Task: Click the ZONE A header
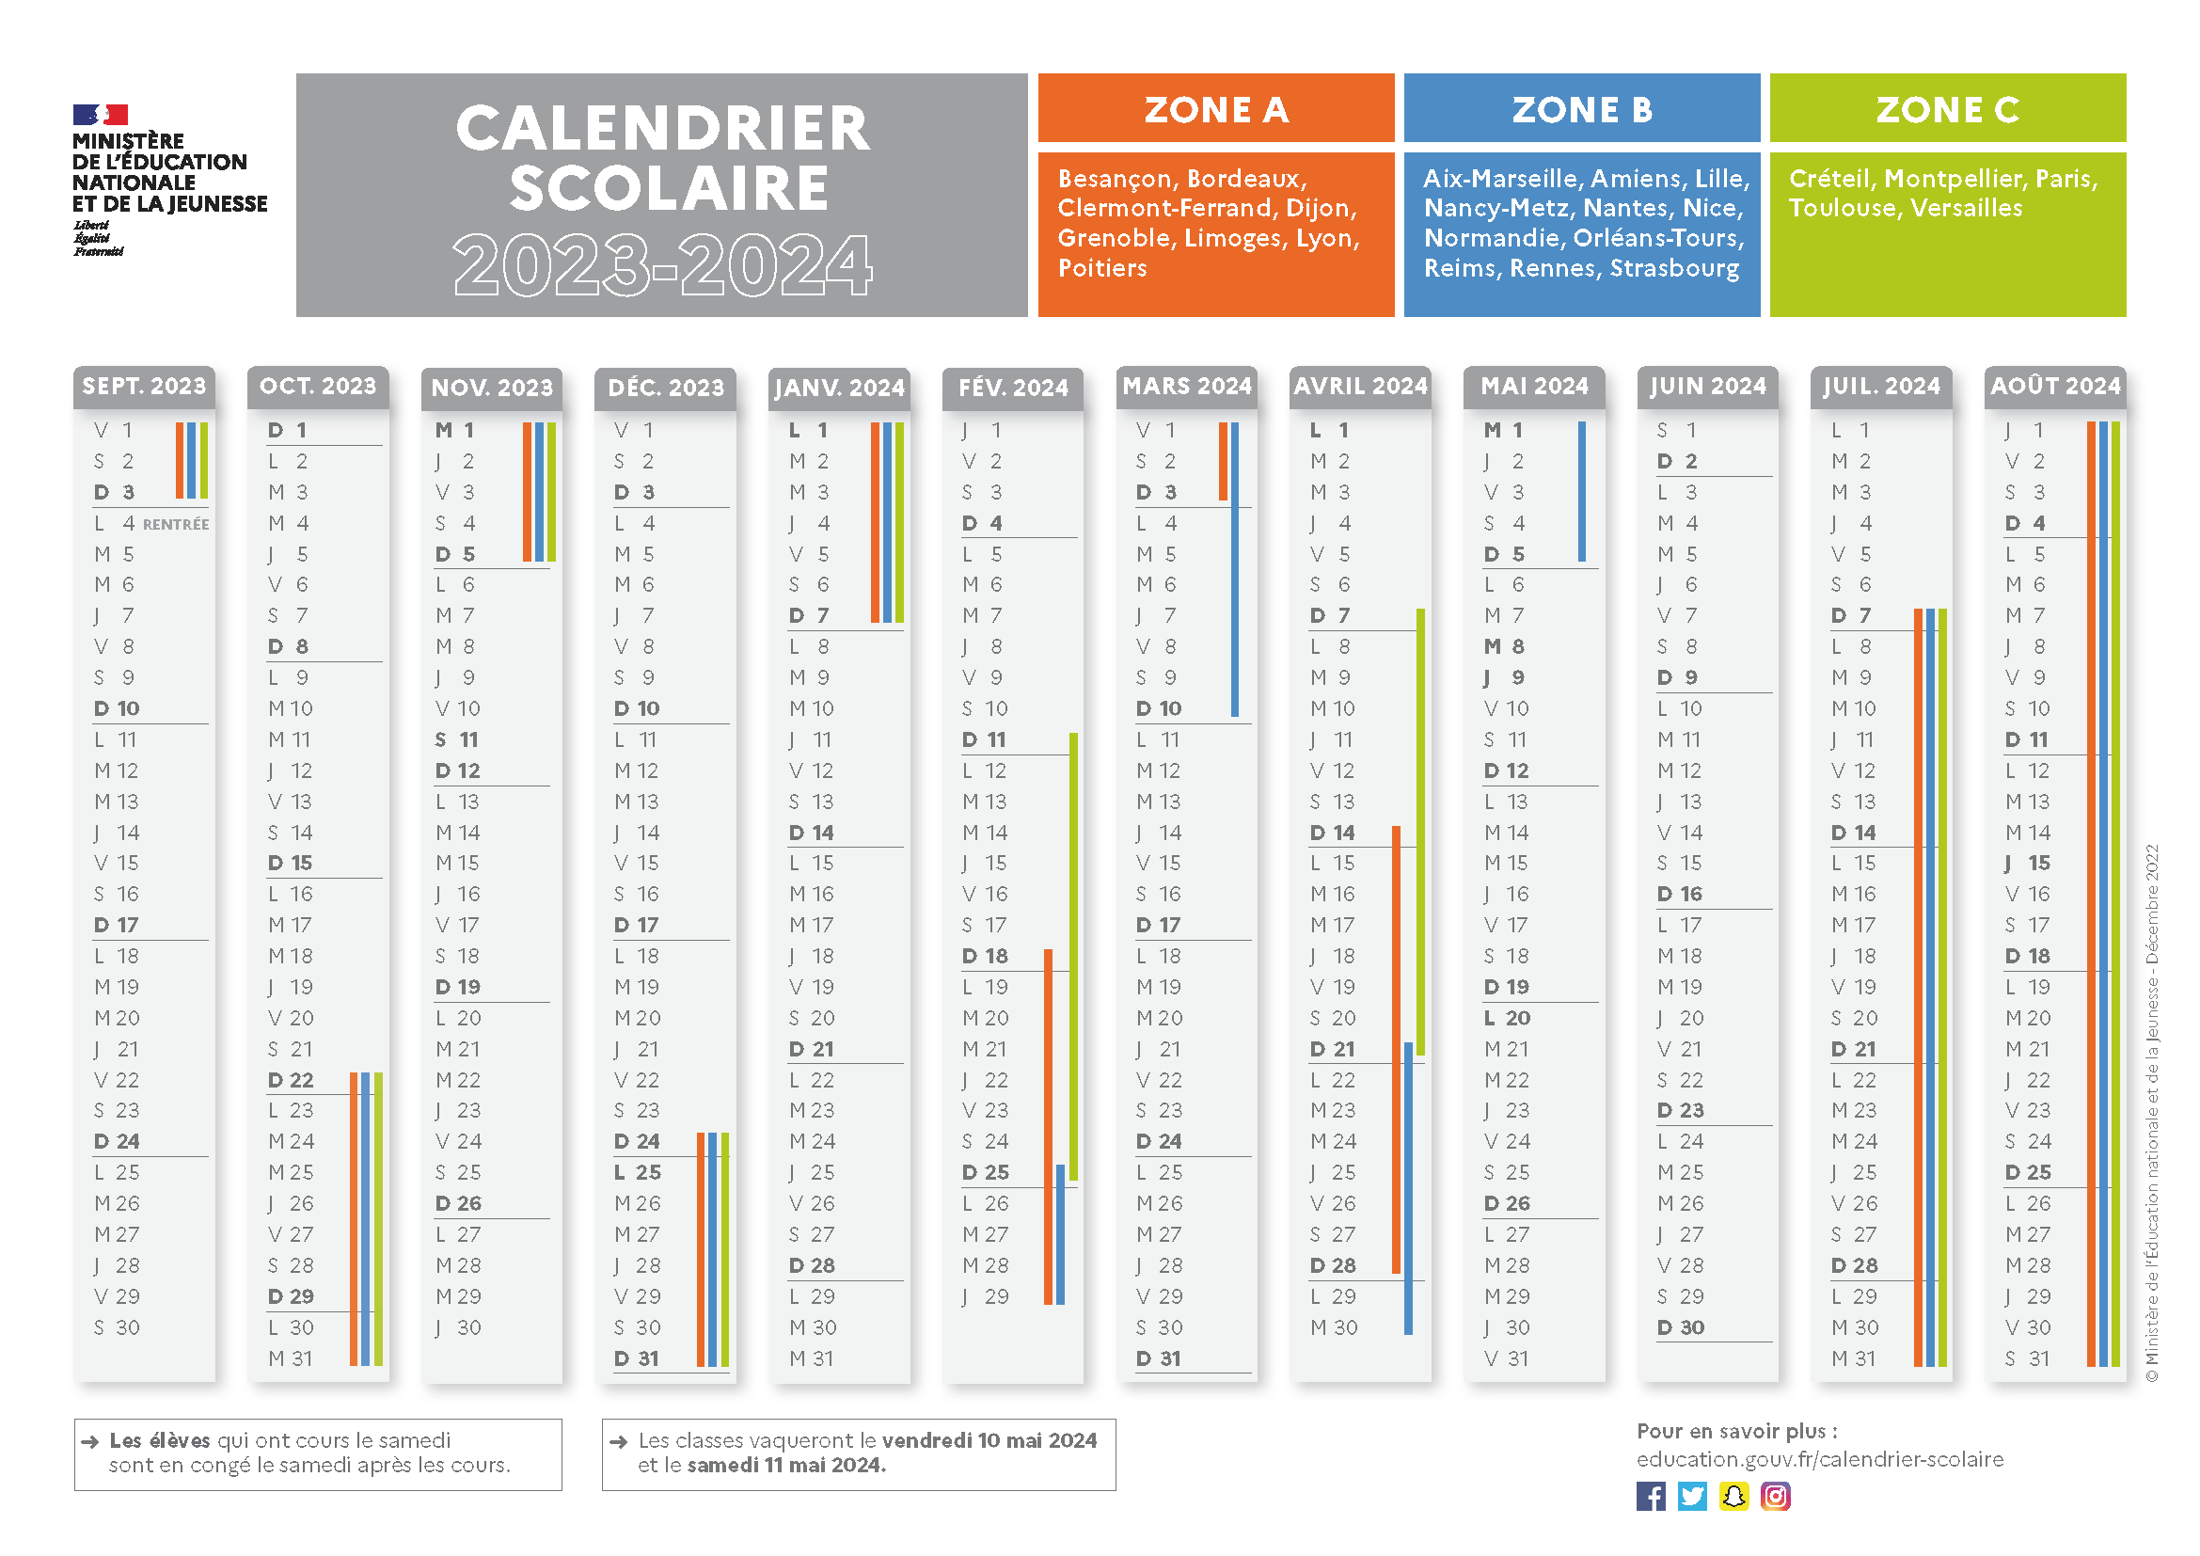(1215, 109)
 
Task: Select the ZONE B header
(1581, 109)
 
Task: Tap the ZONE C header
(1947, 109)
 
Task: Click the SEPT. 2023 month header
(144, 386)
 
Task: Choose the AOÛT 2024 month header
(2055, 386)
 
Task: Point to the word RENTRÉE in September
(175, 524)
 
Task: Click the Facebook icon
(1651, 1497)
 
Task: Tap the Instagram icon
(1775, 1497)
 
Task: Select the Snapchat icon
(1733, 1497)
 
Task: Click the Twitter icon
(1692, 1497)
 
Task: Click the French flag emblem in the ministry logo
(100, 115)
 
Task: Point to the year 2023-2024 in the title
(662, 265)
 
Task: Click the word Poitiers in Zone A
(1102, 268)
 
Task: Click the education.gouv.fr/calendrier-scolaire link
(1820, 1459)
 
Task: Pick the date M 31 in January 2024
(812, 1358)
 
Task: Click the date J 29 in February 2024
(986, 1296)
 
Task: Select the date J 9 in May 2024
(1505, 677)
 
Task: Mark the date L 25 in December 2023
(637, 1173)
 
